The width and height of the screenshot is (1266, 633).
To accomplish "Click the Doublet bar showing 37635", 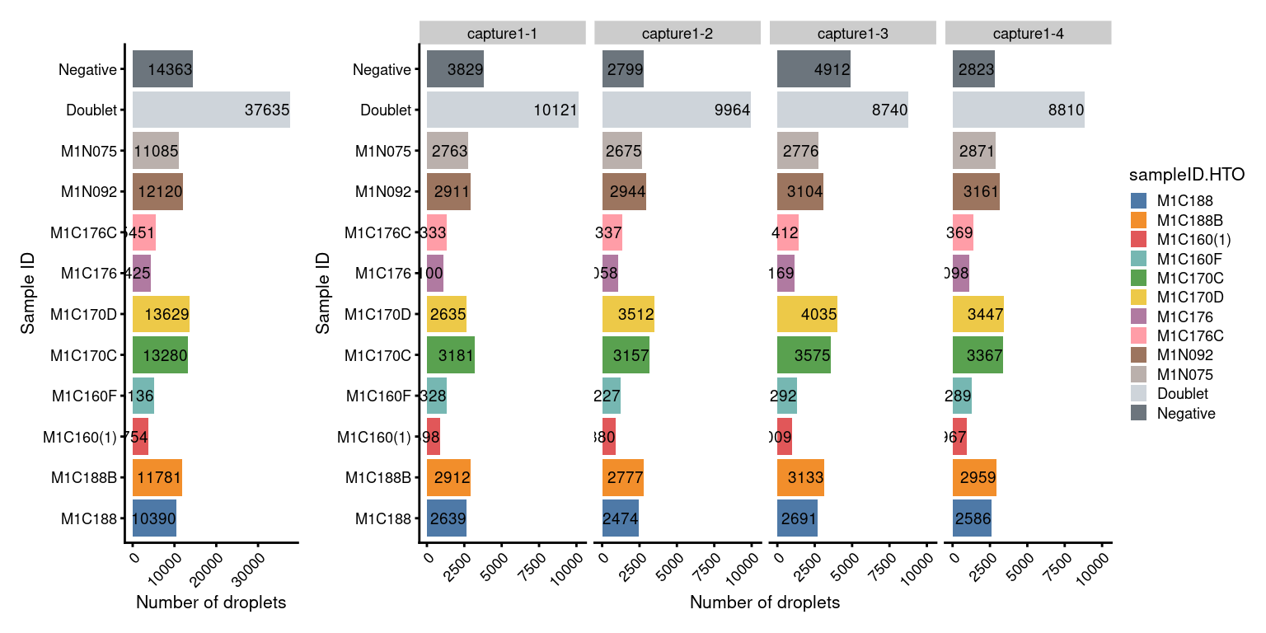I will (211, 110).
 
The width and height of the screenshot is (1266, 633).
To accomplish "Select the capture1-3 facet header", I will (852, 33).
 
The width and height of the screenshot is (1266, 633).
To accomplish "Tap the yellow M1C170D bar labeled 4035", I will (807, 315).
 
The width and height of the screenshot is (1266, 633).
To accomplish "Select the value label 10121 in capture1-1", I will (556, 110).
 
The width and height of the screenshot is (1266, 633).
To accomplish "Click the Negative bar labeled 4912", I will (814, 70).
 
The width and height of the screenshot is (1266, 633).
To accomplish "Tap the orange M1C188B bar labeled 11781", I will (157, 478).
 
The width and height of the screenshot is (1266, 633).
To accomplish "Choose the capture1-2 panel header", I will (677, 33).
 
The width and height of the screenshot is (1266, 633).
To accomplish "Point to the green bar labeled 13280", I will (160, 356).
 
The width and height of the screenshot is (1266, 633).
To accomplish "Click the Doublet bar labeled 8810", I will (1018, 110).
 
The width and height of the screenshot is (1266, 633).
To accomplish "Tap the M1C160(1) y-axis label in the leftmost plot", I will (80, 438).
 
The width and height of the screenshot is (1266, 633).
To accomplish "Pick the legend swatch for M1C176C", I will (1139, 335).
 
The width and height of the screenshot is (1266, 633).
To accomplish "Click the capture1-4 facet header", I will (1028, 33).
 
